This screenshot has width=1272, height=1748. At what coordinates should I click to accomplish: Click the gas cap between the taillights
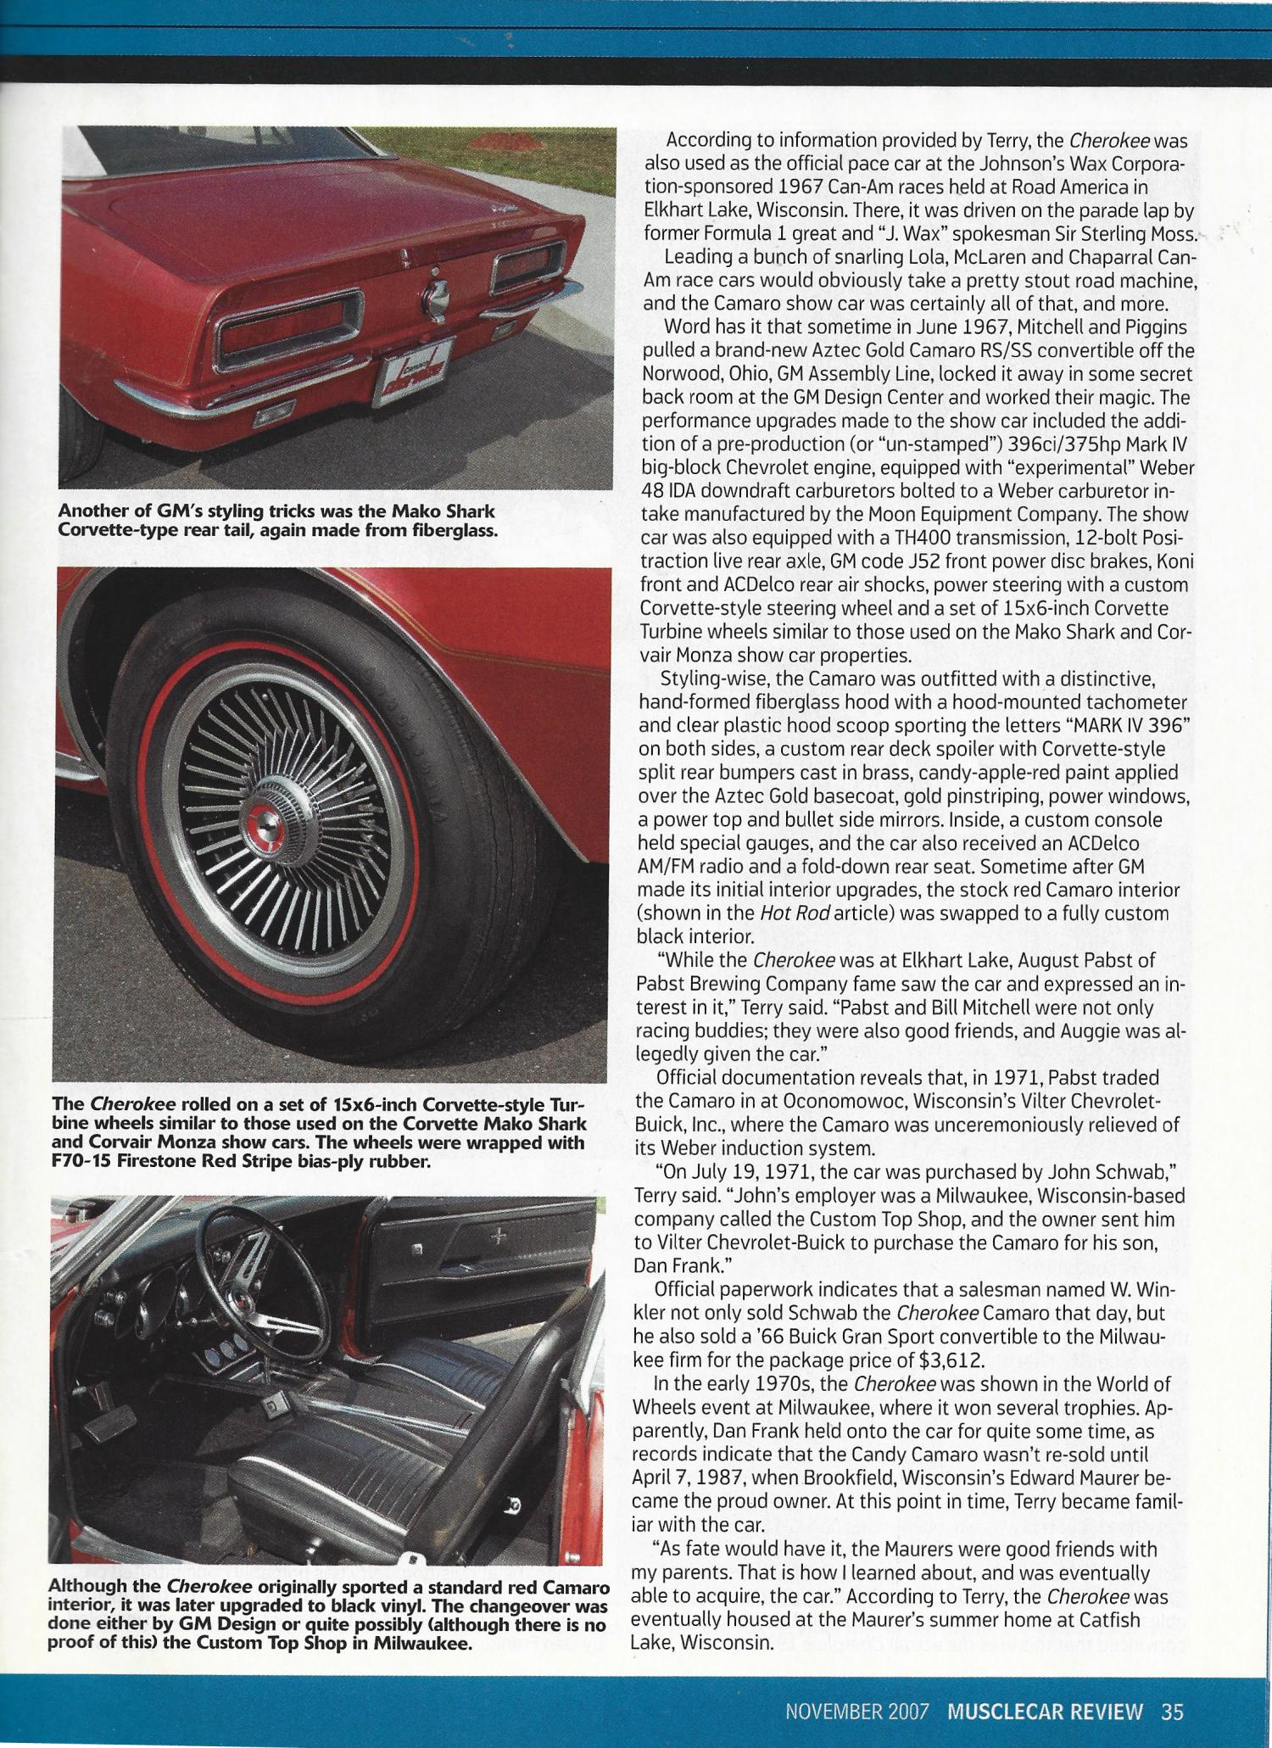pos(437,295)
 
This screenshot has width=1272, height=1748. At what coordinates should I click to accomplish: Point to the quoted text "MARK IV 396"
pos(1124,726)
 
